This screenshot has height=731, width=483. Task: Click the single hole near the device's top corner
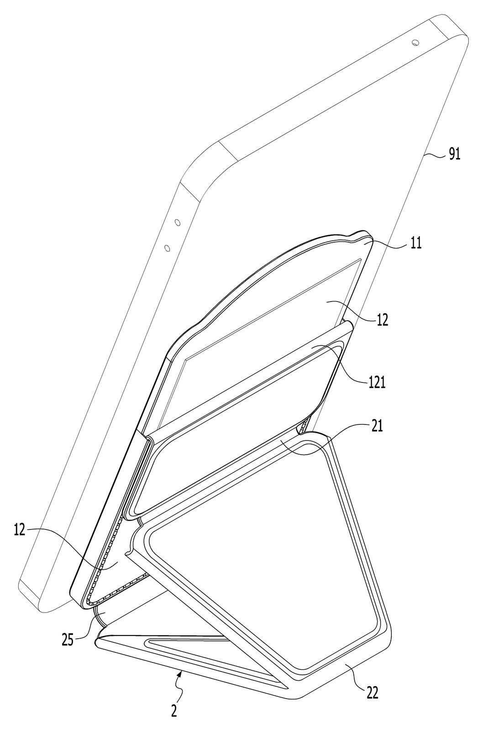415,42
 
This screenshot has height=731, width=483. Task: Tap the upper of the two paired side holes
178,222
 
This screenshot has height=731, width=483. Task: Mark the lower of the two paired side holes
167,249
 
